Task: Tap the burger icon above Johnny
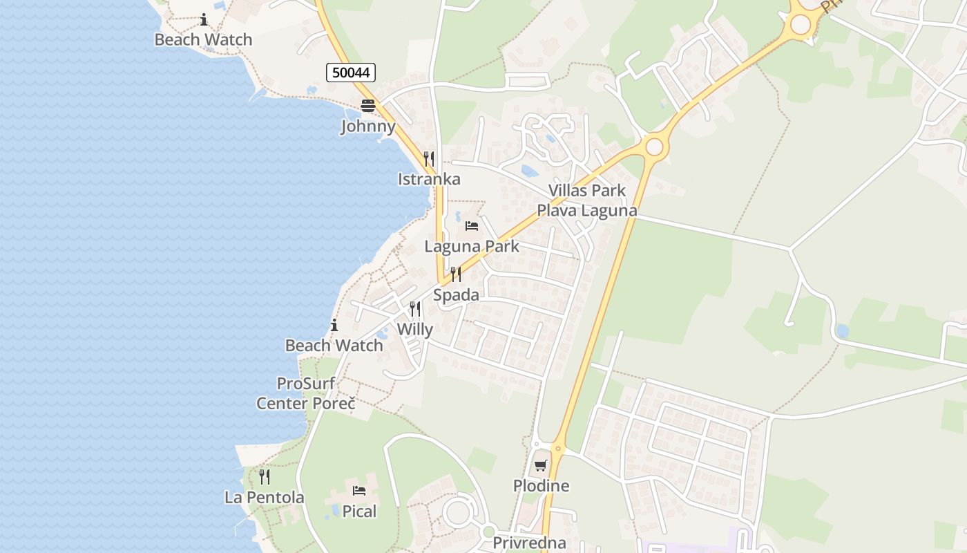pyautogui.click(x=367, y=106)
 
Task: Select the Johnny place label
pyautogui.click(x=368, y=126)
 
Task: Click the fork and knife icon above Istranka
pyautogui.click(x=429, y=158)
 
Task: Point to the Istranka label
pyautogui.click(x=429, y=179)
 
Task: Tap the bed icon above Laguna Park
pyautogui.click(x=472, y=226)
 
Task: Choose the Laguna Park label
pyautogui.click(x=472, y=246)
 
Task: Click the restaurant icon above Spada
pyautogui.click(x=456, y=274)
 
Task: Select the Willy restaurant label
pyautogui.click(x=414, y=329)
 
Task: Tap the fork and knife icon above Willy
pyautogui.click(x=415, y=308)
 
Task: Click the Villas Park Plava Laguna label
pyautogui.click(x=587, y=200)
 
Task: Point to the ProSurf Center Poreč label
pyautogui.click(x=306, y=393)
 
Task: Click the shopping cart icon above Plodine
pyautogui.click(x=541, y=465)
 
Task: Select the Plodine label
pyautogui.click(x=541, y=486)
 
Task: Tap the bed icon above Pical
pyautogui.click(x=359, y=491)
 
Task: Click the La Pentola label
pyautogui.click(x=265, y=497)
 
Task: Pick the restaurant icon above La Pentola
pyautogui.click(x=265, y=476)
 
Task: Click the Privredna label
pyautogui.click(x=529, y=543)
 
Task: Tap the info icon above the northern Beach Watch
pyautogui.click(x=204, y=19)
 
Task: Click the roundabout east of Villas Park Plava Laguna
pyautogui.click(x=654, y=147)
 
